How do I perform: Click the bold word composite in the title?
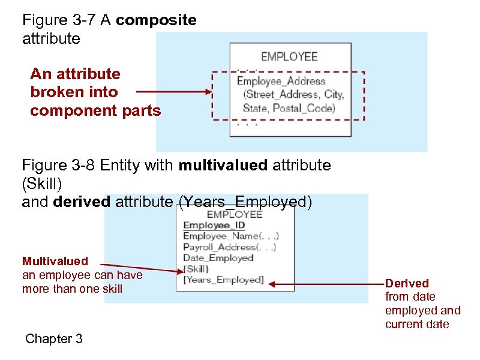[156, 20]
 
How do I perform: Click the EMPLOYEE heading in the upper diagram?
[289, 57]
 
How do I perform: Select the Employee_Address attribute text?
[281, 81]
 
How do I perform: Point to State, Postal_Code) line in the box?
[289, 108]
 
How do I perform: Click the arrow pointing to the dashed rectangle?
[174, 92]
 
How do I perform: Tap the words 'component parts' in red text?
[95, 111]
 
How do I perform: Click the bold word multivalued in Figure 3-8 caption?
[223, 165]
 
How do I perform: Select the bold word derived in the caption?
[82, 202]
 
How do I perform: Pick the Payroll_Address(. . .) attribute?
[229, 247]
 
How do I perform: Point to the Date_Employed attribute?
[218, 258]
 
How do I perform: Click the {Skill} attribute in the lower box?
[196, 269]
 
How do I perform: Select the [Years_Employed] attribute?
[223, 280]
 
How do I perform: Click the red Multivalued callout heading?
[55, 261]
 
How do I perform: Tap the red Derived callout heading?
[407, 283]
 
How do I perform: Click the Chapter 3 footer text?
[54, 339]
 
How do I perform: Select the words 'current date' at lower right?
[416, 325]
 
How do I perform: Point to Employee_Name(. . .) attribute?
[230, 236]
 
